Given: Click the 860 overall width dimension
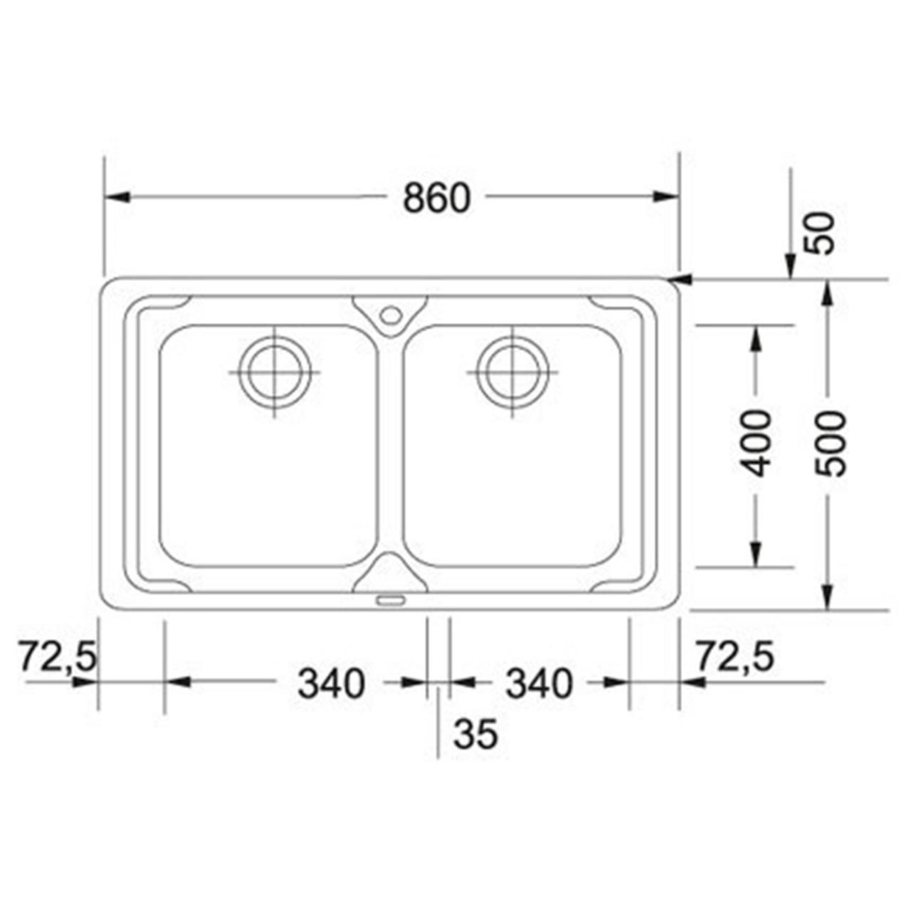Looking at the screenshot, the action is [437, 198].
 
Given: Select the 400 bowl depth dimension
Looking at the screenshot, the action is [755, 443].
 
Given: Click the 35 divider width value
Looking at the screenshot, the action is [475, 734].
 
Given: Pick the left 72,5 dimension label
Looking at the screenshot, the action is [58, 656].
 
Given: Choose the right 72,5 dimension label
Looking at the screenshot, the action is [736, 656].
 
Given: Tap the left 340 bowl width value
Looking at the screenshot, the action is [332, 683].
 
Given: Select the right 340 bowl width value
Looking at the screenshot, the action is [539, 683].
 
